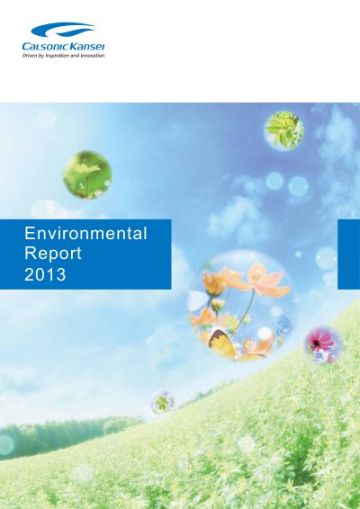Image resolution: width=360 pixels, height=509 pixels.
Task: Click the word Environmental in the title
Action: coord(85,234)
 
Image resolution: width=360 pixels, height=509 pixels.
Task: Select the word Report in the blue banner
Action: coord(53,254)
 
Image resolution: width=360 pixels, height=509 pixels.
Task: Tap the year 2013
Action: coord(45,274)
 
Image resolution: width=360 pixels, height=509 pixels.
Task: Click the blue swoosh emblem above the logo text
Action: coord(63,30)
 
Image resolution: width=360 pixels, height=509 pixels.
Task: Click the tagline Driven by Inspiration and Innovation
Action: coord(63,56)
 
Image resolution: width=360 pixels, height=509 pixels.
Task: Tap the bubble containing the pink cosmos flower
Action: coord(322,344)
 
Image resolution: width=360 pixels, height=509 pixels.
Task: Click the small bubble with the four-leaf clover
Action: coord(162,403)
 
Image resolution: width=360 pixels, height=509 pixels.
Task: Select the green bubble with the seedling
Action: coord(87,174)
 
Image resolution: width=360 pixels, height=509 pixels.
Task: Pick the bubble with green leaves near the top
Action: coord(284,131)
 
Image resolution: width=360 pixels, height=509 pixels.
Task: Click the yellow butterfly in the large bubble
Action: coord(222,344)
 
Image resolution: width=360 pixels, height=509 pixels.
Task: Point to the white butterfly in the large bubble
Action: coord(198,301)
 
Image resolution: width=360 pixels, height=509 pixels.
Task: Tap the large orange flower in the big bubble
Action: coord(262,281)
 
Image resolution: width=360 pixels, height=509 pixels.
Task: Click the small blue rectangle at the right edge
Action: coord(349,254)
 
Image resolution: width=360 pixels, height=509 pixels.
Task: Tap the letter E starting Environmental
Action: coord(29,234)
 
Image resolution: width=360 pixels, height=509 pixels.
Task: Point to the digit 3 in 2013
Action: coord(61,274)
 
